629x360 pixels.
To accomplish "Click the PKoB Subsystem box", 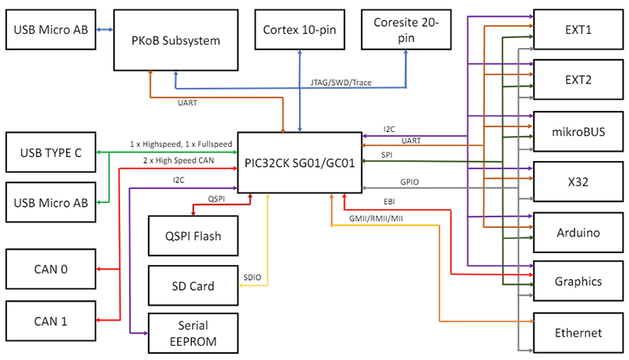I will click(x=176, y=39).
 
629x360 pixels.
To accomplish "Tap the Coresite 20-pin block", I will click(x=406, y=29).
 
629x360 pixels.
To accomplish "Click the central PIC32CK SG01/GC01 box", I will click(x=298, y=163).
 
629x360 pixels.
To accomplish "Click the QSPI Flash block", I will click(x=193, y=235).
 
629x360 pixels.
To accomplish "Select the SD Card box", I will click(x=193, y=286).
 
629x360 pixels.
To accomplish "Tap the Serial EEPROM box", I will click(x=193, y=332).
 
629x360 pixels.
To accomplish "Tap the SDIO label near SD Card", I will click(x=252, y=277).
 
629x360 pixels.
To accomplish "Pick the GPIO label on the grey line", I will click(x=409, y=182).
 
